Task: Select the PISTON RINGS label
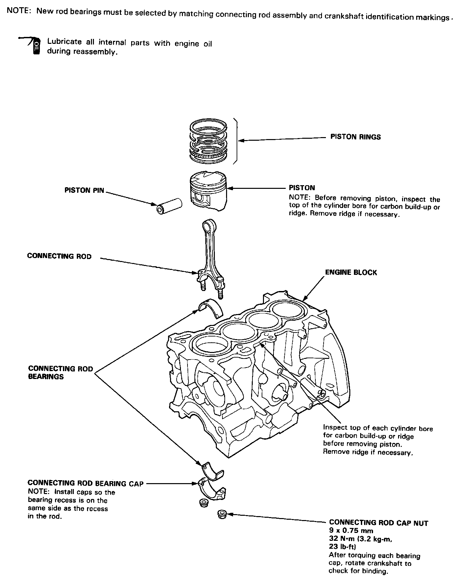(355, 137)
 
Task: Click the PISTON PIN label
(84, 190)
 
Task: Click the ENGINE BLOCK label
(351, 273)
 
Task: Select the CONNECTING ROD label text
(59, 256)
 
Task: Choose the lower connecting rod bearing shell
(212, 470)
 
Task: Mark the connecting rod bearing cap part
(213, 491)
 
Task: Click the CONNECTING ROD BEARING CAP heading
(85, 483)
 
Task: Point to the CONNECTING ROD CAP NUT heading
(378, 523)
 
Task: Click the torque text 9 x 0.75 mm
(351, 531)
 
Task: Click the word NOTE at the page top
(19, 11)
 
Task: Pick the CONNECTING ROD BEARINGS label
(60, 372)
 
